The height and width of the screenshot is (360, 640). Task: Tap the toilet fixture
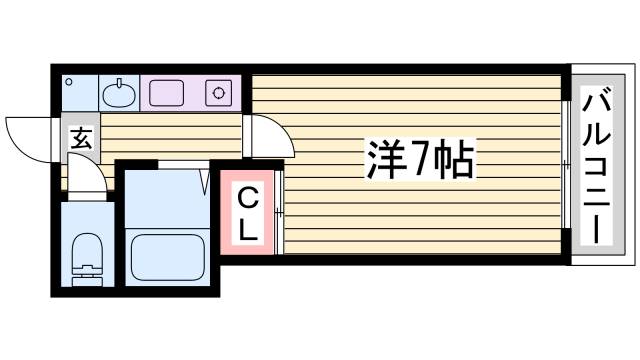(88, 255)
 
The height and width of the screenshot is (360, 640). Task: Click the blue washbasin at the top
(119, 93)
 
